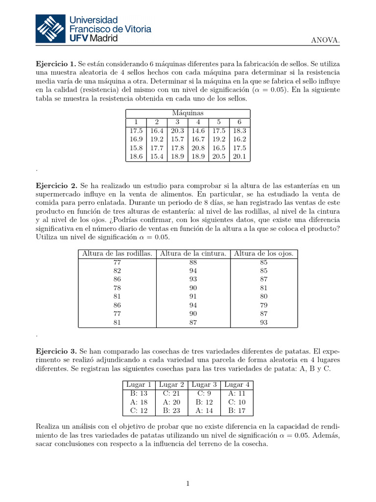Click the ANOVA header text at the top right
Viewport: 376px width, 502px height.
[x=325, y=40]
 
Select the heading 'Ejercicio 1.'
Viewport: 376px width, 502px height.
[x=56, y=64]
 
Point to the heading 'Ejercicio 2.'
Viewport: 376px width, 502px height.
[x=56, y=186]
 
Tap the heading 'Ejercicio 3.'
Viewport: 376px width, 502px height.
[x=56, y=351]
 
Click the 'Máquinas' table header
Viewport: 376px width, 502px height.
[x=188, y=113]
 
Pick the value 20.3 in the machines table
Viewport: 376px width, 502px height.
[x=177, y=131]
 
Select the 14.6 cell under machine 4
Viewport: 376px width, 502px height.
[x=198, y=131]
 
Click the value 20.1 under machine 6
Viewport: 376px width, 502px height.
[x=239, y=157]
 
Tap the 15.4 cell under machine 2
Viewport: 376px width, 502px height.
[x=156, y=157]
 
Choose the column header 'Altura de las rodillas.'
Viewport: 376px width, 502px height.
[x=117, y=253]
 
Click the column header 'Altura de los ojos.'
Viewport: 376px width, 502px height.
[x=263, y=253]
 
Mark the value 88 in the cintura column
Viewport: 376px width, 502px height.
[x=193, y=262]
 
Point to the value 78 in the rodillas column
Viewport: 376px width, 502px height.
[x=117, y=288]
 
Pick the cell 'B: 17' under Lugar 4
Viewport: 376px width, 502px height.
[x=237, y=411]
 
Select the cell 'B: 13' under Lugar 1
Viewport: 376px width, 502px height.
[x=139, y=393]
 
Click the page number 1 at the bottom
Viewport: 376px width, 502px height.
[x=188, y=484]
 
